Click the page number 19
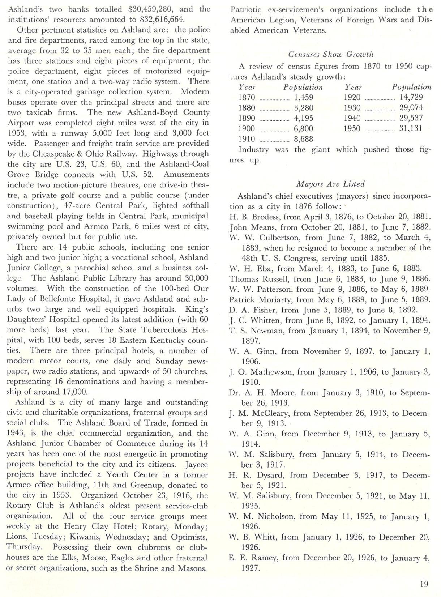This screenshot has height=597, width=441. point(424,584)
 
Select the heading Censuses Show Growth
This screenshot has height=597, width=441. point(330,54)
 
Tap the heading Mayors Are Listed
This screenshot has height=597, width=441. point(330,184)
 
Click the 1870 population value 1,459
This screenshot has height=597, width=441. point(304,97)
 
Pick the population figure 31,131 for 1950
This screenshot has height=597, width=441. point(411,128)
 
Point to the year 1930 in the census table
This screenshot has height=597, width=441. point(352,108)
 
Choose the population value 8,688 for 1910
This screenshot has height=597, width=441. point(304,139)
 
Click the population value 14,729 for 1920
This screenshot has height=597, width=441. point(411,97)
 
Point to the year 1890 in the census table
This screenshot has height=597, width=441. point(247,118)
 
